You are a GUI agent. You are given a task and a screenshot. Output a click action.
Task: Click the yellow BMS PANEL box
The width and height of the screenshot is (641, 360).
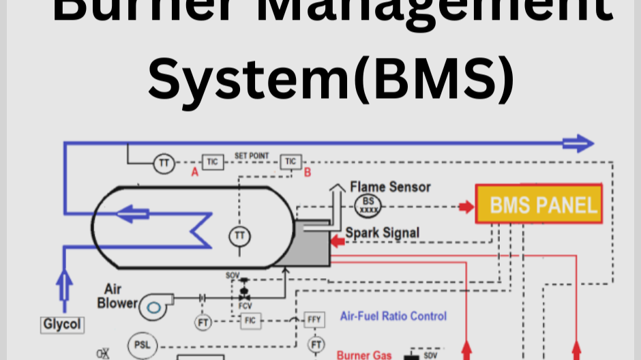[538, 204]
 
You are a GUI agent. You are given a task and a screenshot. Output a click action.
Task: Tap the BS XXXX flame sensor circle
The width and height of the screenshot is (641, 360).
[368, 205]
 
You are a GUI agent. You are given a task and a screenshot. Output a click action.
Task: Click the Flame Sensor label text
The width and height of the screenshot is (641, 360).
[390, 186]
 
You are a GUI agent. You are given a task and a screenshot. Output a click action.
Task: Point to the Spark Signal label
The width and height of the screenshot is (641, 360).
[382, 233]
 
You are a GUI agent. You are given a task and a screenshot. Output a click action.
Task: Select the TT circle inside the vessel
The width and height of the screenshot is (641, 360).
[239, 236]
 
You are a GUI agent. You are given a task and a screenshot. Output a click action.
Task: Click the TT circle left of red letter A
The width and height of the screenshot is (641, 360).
[164, 163]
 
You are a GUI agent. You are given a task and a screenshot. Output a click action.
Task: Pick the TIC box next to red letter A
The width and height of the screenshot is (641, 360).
[213, 162]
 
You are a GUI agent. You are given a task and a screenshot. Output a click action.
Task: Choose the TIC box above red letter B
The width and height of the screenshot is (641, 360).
[290, 162]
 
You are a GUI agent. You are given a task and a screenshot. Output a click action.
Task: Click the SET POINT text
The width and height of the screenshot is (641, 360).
[252, 156]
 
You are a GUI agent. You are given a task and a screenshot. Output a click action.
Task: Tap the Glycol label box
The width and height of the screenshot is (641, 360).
[63, 325]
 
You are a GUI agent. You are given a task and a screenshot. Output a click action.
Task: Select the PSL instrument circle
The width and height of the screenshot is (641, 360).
[142, 345]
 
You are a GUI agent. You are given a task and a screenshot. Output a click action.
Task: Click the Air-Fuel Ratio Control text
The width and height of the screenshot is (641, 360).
[393, 316]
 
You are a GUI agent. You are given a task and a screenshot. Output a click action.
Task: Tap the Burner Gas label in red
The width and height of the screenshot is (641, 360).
[364, 355]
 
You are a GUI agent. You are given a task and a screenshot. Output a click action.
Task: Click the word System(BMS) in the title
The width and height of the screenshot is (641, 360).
[331, 77]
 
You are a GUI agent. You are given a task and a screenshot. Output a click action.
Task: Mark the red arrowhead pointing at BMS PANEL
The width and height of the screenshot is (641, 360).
[466, 206]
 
